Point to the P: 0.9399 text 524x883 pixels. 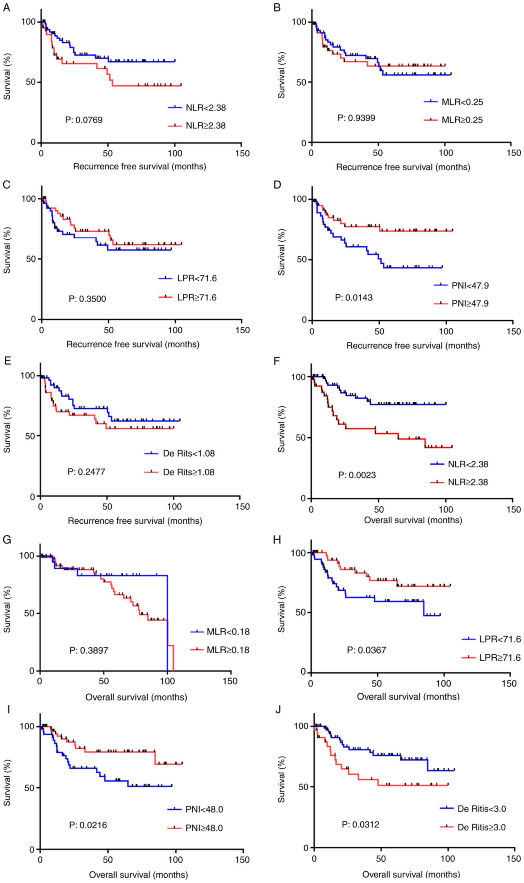coord(356,118)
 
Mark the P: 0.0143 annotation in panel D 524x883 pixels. coord(353,298)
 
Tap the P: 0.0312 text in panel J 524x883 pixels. coord(360,824)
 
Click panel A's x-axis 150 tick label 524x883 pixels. coord(242,153)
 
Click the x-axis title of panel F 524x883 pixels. coord(413,520)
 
